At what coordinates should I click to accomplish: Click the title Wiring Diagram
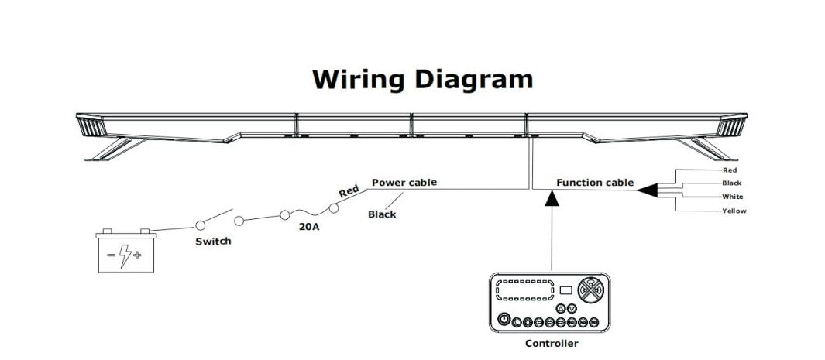point(422,79)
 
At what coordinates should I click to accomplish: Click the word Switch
point(212,242)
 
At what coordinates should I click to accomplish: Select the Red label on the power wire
point(350,191)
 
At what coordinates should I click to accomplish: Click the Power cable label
point(404,183)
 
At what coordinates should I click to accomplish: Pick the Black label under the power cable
point(382,214)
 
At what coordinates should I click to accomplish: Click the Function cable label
point(595,183)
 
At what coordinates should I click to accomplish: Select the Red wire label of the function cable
point(729,170)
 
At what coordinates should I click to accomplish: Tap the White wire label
point(732,197)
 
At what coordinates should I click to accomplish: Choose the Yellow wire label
point(734,211)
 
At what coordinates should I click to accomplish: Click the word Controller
point(552,343)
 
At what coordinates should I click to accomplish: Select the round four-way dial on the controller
point(590,290)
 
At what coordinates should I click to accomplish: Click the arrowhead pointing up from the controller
point(552,200)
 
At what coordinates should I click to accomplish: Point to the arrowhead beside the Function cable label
point(648,187)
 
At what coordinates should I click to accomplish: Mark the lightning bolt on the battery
point(127,255)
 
